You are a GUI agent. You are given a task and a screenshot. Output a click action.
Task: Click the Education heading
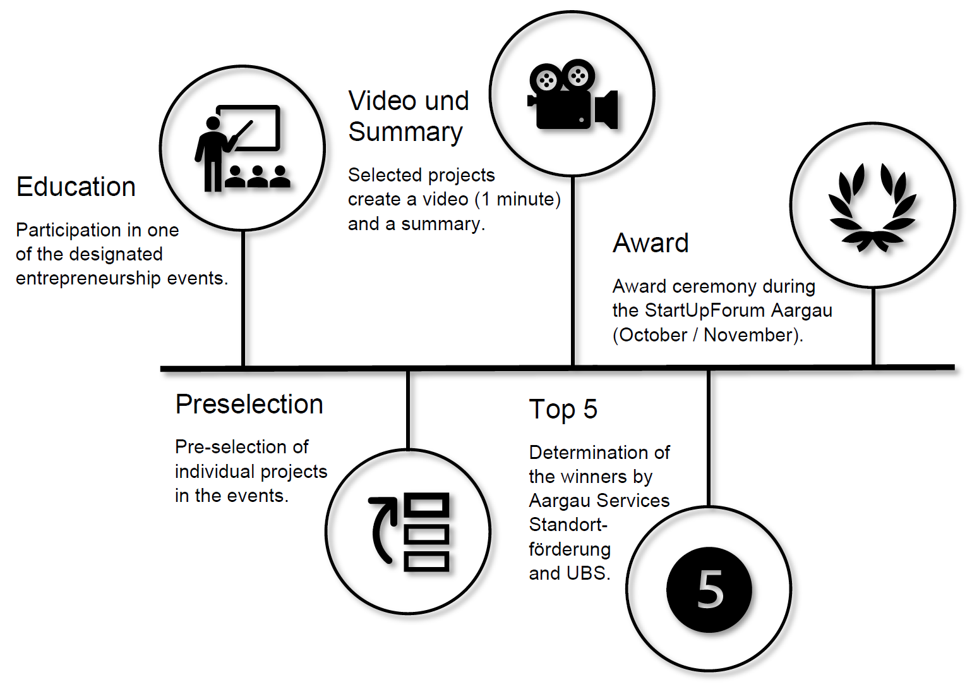click(x=76, y=187)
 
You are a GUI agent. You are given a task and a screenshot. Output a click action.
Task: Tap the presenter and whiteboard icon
click(x=242, y=149)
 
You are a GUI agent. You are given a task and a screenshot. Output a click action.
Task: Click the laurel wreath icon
click(x=872, y=207)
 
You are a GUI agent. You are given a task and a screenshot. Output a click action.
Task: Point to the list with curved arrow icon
click(x=409, y=532)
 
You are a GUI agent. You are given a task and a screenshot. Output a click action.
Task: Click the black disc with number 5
click(x=709, y=589)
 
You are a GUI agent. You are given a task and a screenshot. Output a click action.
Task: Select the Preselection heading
click(x=249, y=405)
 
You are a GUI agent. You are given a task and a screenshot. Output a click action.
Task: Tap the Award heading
click(x=651, y=243)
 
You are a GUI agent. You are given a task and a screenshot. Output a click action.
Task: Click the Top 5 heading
click(x=563, y=410)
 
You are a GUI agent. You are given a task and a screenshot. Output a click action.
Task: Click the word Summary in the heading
click(x=405, y=132)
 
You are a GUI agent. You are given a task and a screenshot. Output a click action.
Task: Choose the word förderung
click(x=570, y=549)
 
